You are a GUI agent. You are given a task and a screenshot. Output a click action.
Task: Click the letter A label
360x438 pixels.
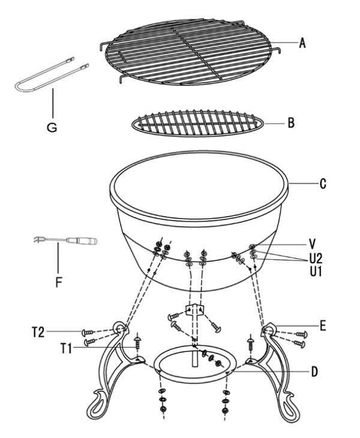point(302,43)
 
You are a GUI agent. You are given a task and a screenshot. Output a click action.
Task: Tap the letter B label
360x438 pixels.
point(291,123)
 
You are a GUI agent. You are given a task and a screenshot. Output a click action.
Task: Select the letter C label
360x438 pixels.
point(323,184)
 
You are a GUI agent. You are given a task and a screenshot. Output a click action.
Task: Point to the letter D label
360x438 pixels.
point(315,372)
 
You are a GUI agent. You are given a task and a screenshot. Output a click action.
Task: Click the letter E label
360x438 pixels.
point(323,326)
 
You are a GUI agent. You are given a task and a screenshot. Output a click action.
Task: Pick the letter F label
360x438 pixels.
point(58,282)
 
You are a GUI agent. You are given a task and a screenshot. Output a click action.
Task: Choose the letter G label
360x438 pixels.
point(52,127)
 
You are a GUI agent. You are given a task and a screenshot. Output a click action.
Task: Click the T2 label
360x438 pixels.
point(38,332)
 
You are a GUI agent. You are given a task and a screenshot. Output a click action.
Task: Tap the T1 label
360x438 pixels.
point(66,349)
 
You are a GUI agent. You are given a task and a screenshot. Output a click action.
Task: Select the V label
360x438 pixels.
point(313,244)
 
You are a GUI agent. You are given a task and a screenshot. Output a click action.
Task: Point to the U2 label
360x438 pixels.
point(316,259)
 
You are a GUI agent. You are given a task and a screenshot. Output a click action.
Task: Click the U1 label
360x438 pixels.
point(316,272)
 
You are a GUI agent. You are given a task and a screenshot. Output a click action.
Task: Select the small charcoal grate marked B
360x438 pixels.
point(197,124)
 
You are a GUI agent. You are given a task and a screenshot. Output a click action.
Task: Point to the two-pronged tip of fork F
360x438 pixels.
point(37,239)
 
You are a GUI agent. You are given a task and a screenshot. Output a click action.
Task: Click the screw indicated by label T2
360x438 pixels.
point(88,332)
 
